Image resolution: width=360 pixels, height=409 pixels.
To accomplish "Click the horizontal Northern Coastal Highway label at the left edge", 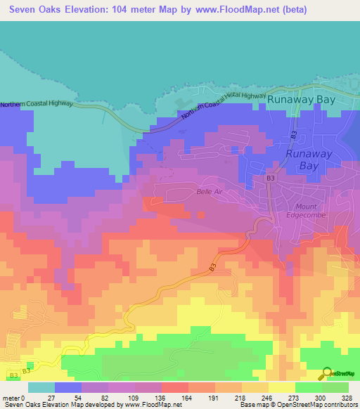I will pos(37,104).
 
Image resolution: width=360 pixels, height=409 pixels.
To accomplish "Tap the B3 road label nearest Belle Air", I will pos(270,180).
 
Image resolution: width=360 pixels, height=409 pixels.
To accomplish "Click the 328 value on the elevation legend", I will pos(348,397).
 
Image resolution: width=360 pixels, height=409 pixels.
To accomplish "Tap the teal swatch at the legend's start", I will pos(41,387).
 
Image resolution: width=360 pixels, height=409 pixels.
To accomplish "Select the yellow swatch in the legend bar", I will pos(281,387).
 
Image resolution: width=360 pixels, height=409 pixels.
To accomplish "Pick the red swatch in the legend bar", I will pos(174,387).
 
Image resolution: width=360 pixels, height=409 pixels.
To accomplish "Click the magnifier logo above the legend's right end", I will pos(326,374).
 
